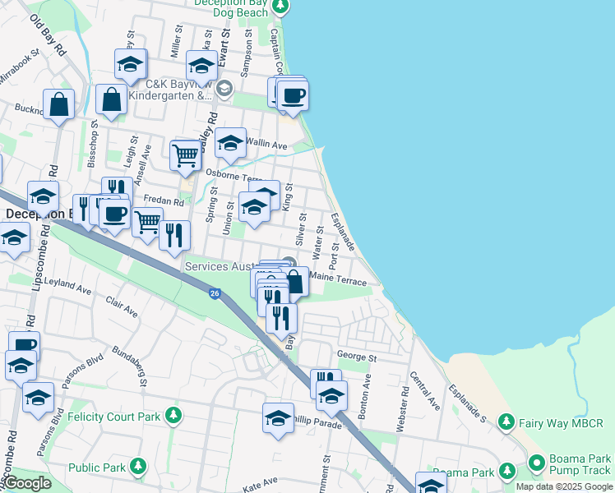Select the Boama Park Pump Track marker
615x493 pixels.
coord(536,463)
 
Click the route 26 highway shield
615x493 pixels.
coord(214,293)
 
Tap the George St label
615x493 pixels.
coord(356,358)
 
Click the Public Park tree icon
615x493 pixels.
coord(137,468)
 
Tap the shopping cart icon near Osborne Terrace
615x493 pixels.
coord(186,154)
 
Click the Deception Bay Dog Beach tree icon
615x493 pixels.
coord(280,7)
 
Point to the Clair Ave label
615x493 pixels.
coord(121,309)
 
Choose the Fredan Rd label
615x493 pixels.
coord(163,200)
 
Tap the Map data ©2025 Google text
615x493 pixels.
coord(563,486)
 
